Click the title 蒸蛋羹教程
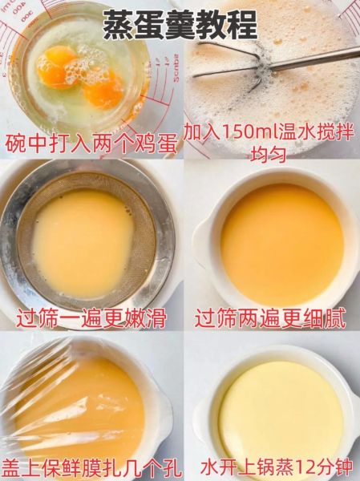coord(180,25)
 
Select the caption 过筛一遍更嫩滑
coord(90,317)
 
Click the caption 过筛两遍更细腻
coord(270,317)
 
